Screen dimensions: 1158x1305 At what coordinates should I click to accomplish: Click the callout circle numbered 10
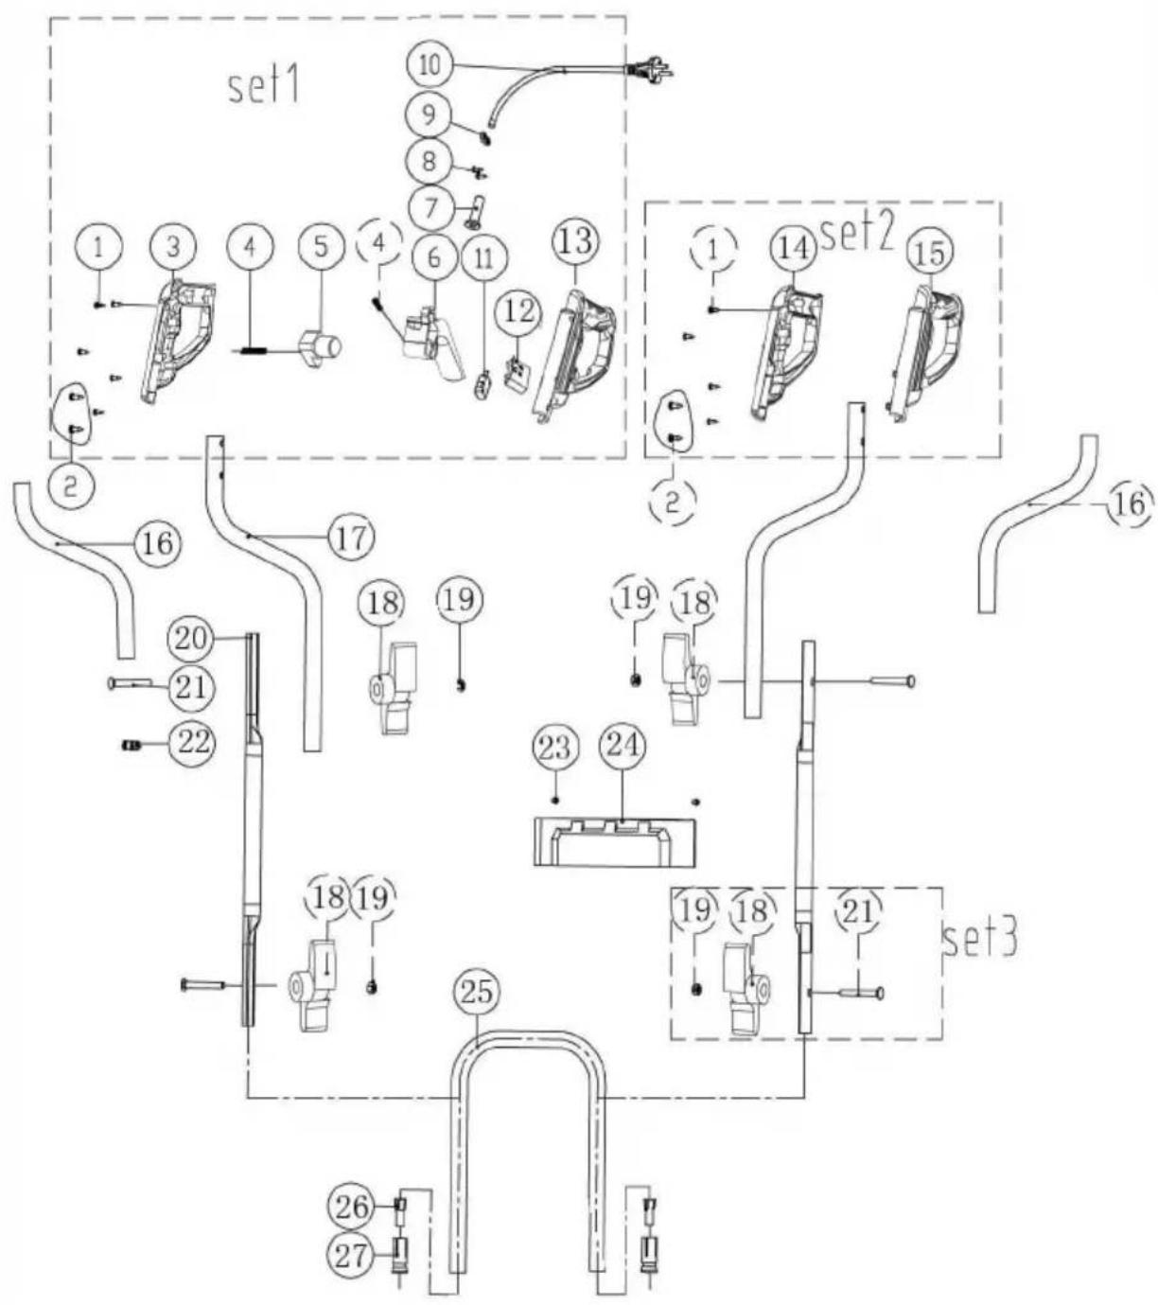click(430, 65)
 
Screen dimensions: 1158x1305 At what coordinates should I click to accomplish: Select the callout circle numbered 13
click(576, 241)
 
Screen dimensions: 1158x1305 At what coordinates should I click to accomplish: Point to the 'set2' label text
click(858, 235)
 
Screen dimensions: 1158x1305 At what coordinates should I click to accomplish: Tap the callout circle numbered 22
click(191, 743)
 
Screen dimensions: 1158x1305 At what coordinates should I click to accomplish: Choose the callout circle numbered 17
click(350, 537)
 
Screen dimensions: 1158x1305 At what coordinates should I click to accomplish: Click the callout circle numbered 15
click(929, 253)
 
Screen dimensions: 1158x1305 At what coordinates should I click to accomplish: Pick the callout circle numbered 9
click(430, 114)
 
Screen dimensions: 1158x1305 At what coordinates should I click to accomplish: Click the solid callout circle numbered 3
click(172, 248)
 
